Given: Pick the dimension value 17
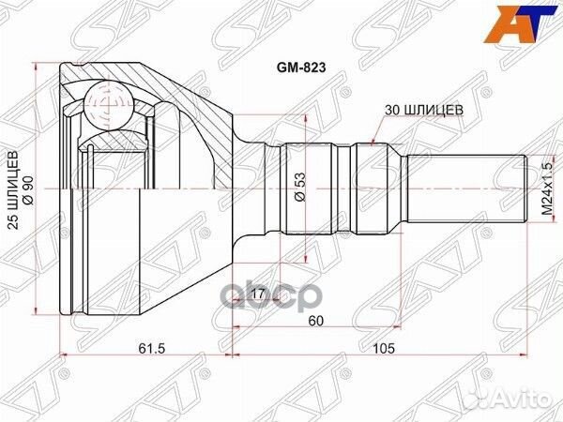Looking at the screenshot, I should [x=258, y=302].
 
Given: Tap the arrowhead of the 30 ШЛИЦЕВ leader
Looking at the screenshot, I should [x=375, y=143].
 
